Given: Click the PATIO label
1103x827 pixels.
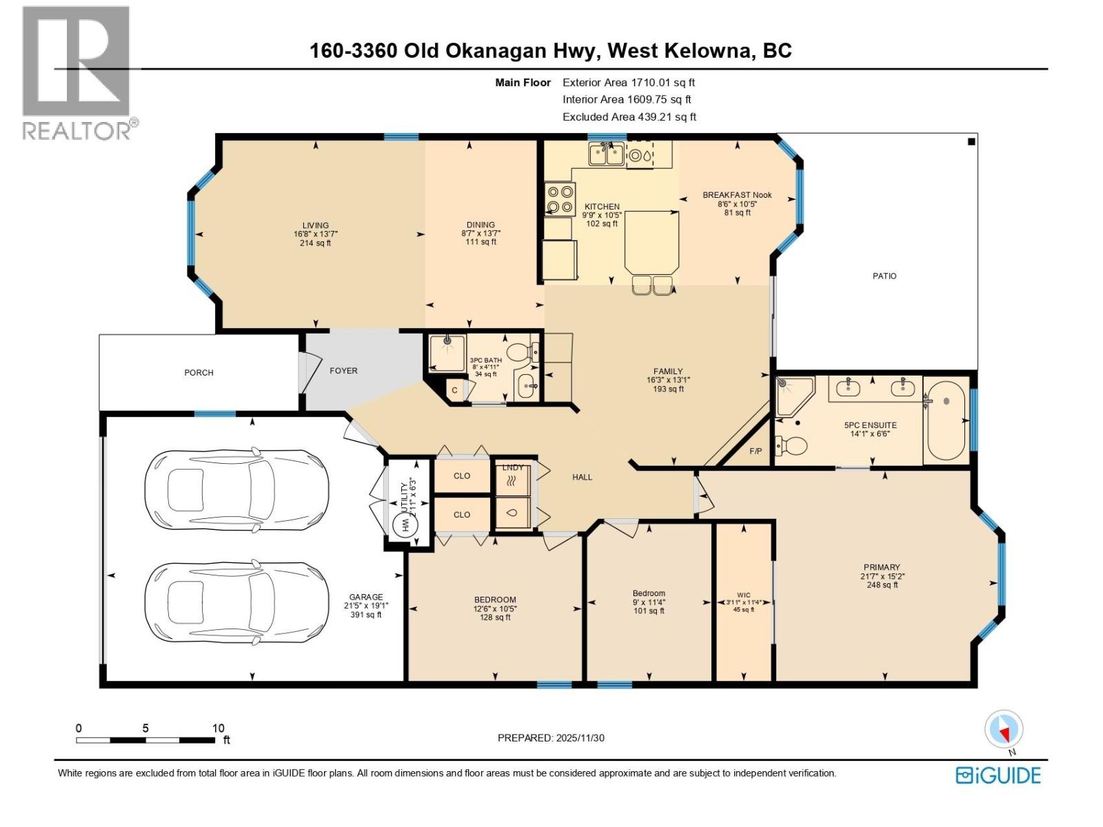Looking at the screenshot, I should [884, 276].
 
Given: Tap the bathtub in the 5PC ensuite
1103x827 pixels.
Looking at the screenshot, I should [946, 420].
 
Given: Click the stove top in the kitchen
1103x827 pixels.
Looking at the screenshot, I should [558, 199].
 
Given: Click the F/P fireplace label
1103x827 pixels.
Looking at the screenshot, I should [756, 451].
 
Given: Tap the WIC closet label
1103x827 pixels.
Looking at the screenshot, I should [743, 595].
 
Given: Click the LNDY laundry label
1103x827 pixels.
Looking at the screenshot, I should [513, 467].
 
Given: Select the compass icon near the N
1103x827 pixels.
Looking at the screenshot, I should [1004, 729].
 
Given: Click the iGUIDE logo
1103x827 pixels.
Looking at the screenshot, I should [998, 775].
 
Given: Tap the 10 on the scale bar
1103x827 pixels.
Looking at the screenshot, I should [218, 728].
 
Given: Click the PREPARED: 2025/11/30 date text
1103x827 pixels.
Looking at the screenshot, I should [551, 737].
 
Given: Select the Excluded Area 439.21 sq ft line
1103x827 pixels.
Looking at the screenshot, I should [629, 117].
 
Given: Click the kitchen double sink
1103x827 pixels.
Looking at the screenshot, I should [606, 154].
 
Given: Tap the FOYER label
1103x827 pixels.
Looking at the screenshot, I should [343, 371].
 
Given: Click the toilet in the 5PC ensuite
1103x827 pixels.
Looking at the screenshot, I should [791, 447].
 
